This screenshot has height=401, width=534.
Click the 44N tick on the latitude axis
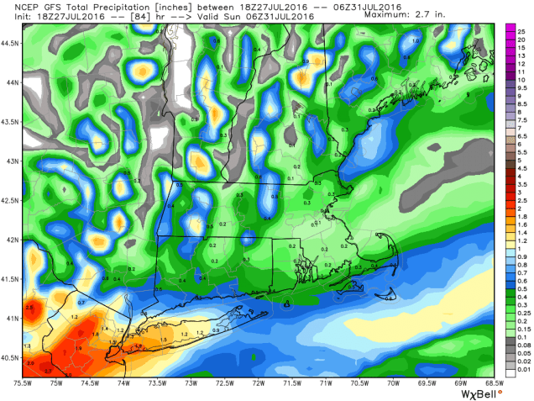(11, 82)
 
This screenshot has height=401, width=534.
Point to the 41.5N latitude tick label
(11, 278)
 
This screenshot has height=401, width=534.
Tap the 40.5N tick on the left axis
(11, 357)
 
